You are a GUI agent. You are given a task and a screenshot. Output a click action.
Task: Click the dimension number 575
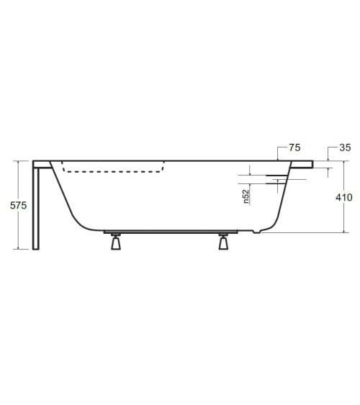point(17,205)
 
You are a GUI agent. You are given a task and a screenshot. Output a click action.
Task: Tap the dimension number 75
point(294,147)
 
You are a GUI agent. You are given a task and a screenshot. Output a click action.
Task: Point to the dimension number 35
point(344,147)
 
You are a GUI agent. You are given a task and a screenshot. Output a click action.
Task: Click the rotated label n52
point(246,196)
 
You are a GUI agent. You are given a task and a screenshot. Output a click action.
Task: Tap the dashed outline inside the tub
point(115,170)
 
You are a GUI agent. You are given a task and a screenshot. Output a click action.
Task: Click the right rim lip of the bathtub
point(302,164)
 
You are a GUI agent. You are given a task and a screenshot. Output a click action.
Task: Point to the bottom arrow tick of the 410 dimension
point(346,232)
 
